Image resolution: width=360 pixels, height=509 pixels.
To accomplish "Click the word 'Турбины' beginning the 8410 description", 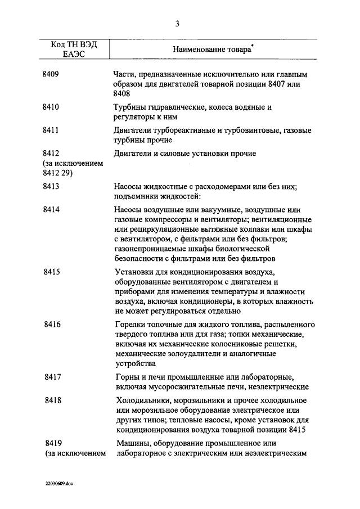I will (129, 106).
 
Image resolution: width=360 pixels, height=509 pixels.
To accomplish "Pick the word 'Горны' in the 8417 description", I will (125, 376).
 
